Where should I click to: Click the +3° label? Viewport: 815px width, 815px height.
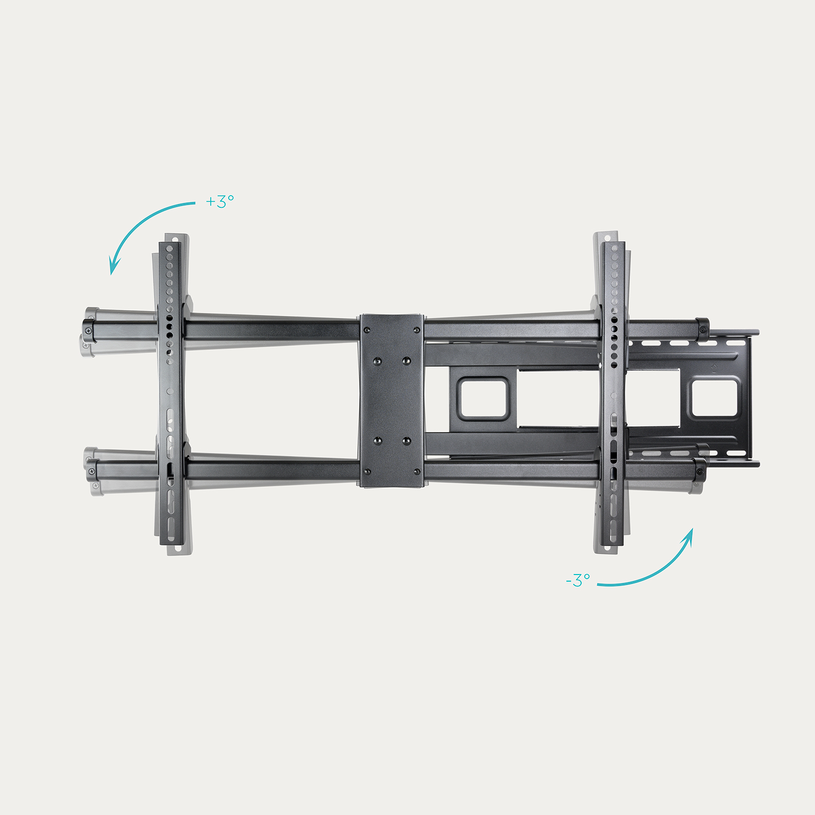click(x=220, y=201)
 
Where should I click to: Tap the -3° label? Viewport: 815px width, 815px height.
click(x=578, y=580)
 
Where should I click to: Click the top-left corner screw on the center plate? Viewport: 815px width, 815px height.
click(x=367, y=330)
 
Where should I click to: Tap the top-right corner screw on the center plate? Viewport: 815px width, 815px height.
click(x=417, y=330)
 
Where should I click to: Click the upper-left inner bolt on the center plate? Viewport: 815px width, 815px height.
click(x=377, y=361)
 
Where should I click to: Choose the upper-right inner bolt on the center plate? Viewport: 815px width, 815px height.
click(x=406, y=361)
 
